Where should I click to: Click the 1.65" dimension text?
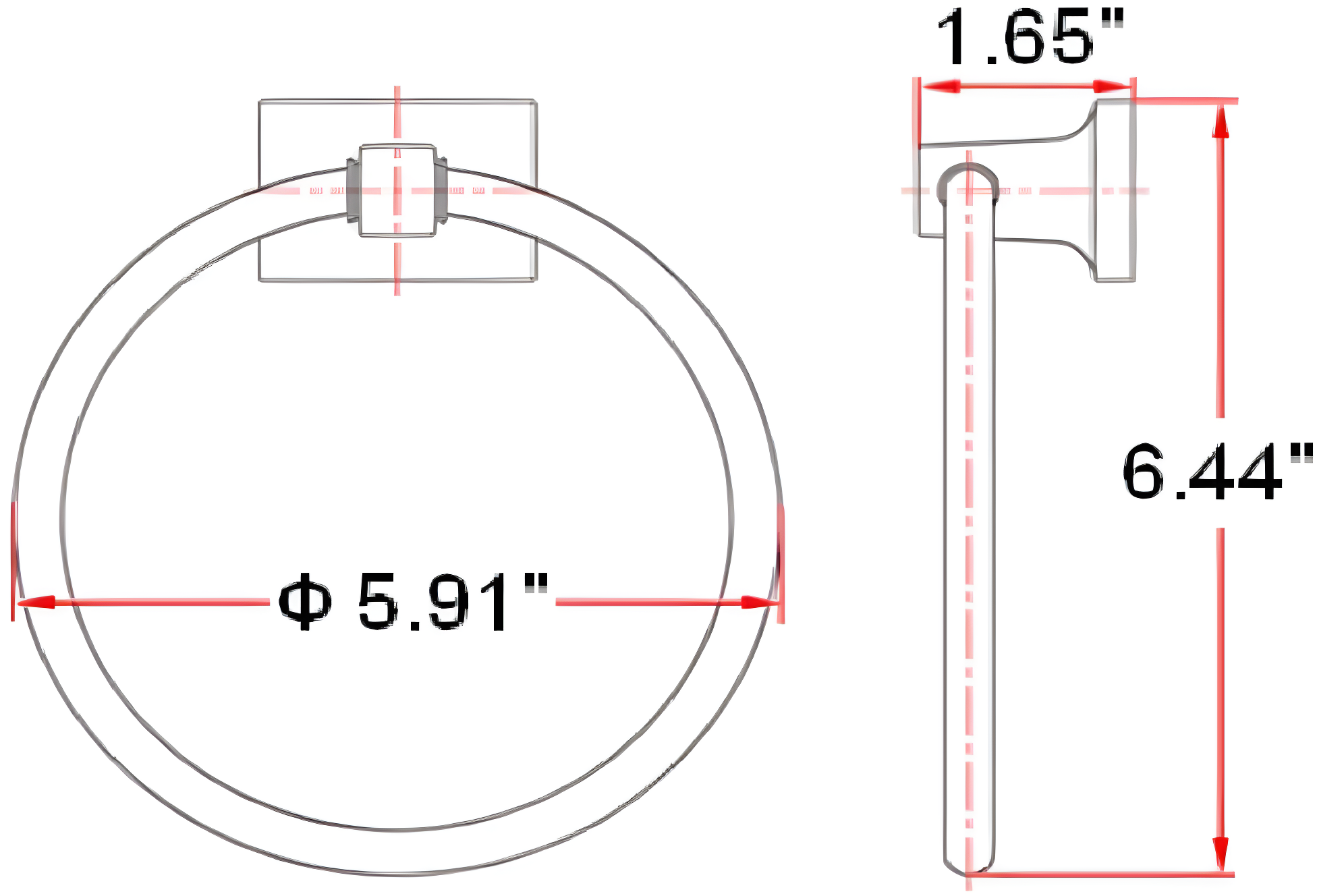[1029, 38]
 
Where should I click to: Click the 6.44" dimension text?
[1214, 472]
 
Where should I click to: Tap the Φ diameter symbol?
[305, 602]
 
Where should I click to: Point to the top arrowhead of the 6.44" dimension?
[1220, 121]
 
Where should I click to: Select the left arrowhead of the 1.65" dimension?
[941, 86]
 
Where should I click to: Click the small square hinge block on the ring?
[397, 190]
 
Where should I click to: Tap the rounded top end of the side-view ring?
[968, 177]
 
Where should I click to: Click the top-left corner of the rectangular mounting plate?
[260, 102]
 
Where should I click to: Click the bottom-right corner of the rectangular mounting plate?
[536, 279]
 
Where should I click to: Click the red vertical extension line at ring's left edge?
[13, 560]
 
